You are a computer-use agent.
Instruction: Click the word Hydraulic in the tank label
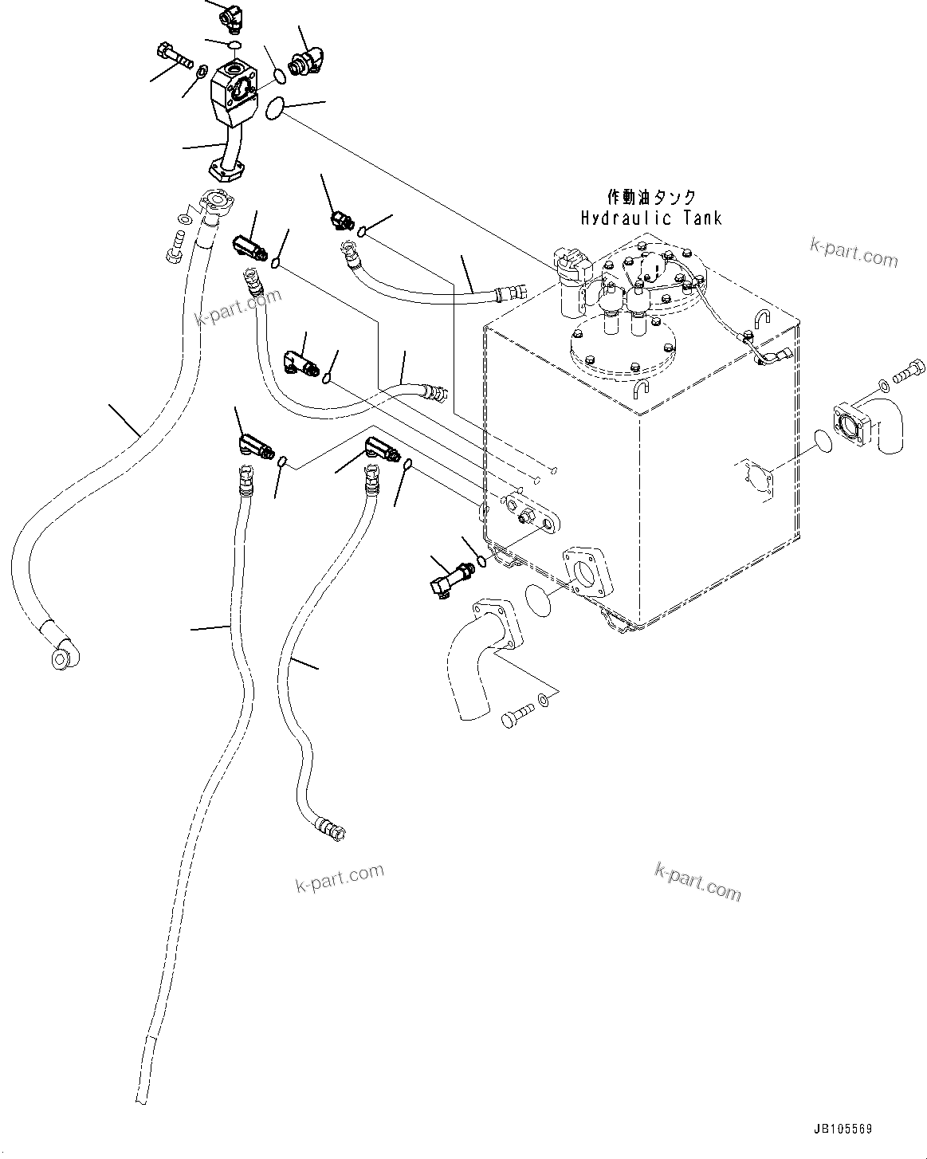627,218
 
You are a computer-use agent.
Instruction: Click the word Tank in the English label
703,218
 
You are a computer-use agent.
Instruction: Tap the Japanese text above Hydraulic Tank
652,197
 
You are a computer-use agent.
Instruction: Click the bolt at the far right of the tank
909,373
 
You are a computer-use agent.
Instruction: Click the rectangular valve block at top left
233,97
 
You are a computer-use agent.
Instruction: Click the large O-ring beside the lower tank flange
538,600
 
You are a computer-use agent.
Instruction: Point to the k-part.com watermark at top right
854,253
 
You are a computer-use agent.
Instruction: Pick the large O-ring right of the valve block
275,108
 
